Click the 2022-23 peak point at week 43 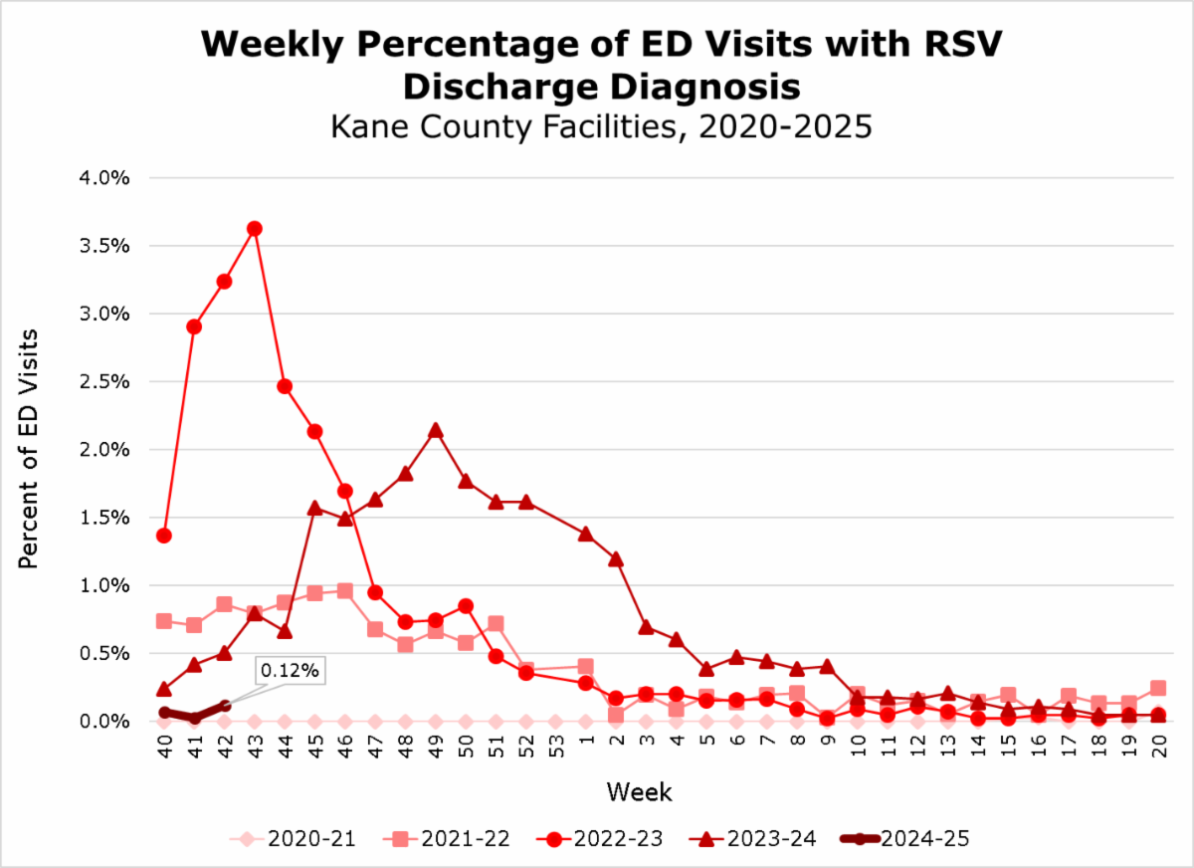(254, 228)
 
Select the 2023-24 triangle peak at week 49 (435, 430)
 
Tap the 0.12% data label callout (292, 671)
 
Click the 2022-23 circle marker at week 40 (164, 536)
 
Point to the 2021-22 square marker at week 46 (344, 590)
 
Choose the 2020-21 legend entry (296, 839)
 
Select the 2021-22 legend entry (448, 839)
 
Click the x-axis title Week (640, 793)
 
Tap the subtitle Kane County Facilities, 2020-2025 (600, 128)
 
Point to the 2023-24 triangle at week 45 (314, 508)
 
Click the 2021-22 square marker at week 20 (1158, 688)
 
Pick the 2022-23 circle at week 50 (465, 605)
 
